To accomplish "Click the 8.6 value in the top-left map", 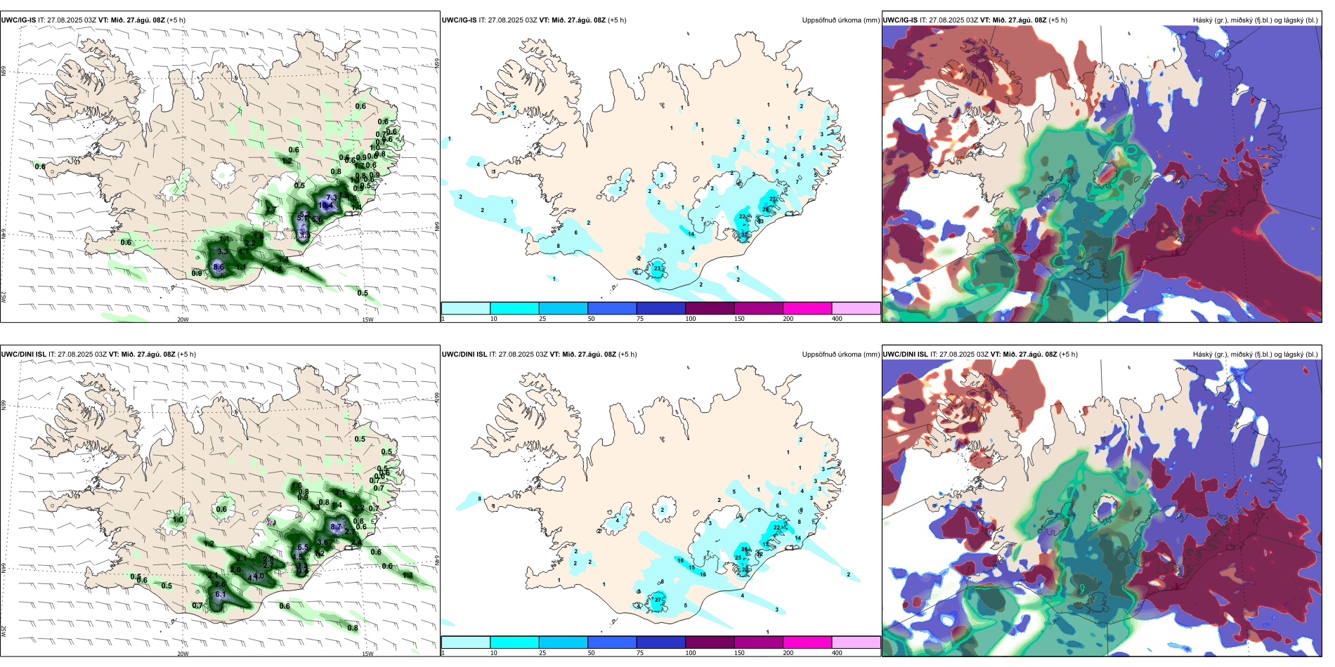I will [219, 267].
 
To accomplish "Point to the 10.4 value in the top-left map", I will [327, 205].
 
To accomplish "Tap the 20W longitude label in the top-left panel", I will [183, 319].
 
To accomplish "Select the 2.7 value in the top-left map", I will [271, 209].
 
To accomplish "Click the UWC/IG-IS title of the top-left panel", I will [18, 20].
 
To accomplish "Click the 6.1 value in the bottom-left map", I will [220, 594].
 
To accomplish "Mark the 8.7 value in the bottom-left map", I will [336, 527].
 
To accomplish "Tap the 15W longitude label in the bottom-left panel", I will [367, 654].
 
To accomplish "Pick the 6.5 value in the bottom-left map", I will [303, 548].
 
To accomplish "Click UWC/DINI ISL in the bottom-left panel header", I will [23, 354].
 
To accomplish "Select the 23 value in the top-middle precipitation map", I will [658, 268].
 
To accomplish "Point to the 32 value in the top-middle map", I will [745, 234].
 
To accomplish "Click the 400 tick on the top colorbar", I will [837, 319].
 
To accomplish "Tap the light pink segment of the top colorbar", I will [856, 308].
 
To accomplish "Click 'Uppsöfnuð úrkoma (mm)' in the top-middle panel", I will [840, 20].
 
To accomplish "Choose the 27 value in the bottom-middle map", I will [658, 600].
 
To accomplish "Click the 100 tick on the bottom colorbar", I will [691, 653].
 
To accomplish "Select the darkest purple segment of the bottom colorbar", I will [710, 642].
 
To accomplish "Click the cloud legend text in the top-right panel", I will [1255, 20].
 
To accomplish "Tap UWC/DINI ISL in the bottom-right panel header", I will [905, 354].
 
